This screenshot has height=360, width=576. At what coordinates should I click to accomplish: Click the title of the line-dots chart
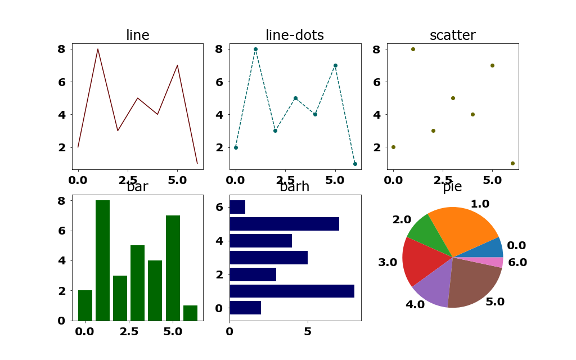coord(295,35)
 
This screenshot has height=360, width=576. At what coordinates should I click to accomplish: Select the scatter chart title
coord(452,35)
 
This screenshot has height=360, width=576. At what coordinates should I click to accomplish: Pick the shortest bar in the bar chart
coord(190,313)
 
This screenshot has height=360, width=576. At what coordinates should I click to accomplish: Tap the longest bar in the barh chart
coord(292,291)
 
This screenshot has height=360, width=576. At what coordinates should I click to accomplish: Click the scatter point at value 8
coord(413,49)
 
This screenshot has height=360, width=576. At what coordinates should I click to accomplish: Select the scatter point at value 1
coord(512,163)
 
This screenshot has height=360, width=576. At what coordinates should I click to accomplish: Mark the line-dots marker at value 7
coord(335,65)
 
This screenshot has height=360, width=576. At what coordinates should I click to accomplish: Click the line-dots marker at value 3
coord(275,130)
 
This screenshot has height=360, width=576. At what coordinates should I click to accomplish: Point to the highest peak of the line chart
coord(98,49)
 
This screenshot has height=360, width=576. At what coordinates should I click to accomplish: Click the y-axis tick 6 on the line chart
coord(61,82)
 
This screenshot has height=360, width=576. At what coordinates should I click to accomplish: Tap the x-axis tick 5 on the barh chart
coord(308,331)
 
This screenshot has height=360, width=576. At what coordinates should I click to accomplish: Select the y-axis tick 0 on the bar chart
coord(61,321)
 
